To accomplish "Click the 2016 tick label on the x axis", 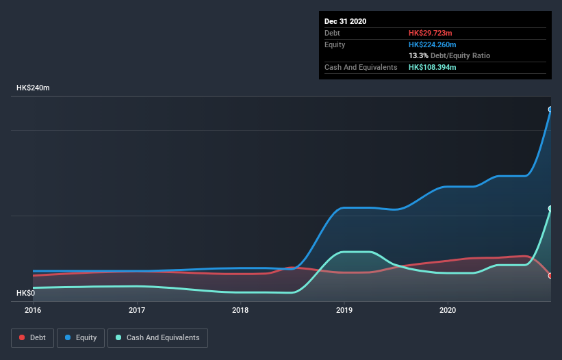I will click(x=33, y=310).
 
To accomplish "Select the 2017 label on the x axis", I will click(x=137, y=310).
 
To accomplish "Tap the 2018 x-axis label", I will click(x=240, y=310).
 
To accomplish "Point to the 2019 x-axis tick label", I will click(x=344, y=310).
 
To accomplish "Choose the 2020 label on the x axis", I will click(x=448, y=310).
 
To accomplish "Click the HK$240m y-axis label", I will click(x=33, y=88).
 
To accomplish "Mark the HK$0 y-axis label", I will click(x=25, y=293).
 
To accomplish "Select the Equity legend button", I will click(x=81, y=337).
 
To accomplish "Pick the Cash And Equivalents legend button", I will click(x=157, y=337).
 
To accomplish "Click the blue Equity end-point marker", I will click(x=550, y=110).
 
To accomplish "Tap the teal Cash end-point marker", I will click(x=550, y=209).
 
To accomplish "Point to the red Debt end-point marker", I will click(x=550, y=276).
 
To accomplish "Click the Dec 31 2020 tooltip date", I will click(x=345, y=21).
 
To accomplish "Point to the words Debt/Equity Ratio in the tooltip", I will click(x=460, y=55).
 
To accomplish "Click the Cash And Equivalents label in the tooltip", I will click(x=361, y=67).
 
